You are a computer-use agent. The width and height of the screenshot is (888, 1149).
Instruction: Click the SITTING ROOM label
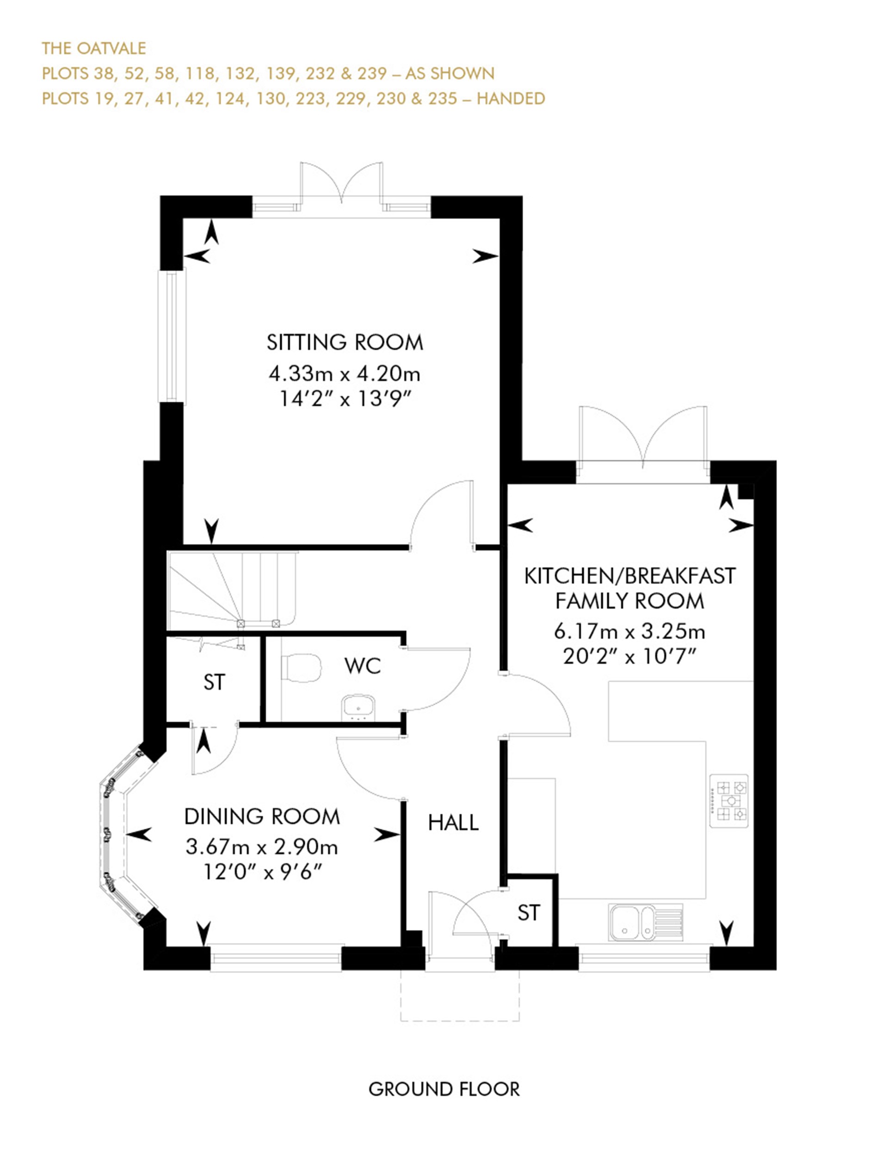click(344, 342)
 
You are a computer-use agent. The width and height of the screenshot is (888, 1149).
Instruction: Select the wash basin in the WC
click(358, 707)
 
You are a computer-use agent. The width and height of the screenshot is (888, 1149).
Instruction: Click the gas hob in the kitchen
click(728, 800)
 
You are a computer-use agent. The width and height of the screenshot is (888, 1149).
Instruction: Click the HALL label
click(453, 822)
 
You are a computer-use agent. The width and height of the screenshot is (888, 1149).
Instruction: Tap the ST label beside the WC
click(214, 682)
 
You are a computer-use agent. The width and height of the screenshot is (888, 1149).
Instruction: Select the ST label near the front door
click(529, 913)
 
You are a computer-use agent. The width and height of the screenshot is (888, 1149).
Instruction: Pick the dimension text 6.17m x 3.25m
click(629, 631)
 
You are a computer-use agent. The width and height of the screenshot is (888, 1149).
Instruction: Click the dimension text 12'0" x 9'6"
click(262, 873)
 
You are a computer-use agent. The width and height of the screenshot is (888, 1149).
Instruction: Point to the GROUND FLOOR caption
click(444, 1089)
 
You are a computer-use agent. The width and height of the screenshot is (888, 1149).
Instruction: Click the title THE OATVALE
click(94, 49)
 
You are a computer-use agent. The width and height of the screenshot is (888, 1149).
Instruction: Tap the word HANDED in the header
click(511, 98)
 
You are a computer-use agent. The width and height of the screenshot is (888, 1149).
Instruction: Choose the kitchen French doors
click(642, 437)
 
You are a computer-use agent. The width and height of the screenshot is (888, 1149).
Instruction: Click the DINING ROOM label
click(262, 817)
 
